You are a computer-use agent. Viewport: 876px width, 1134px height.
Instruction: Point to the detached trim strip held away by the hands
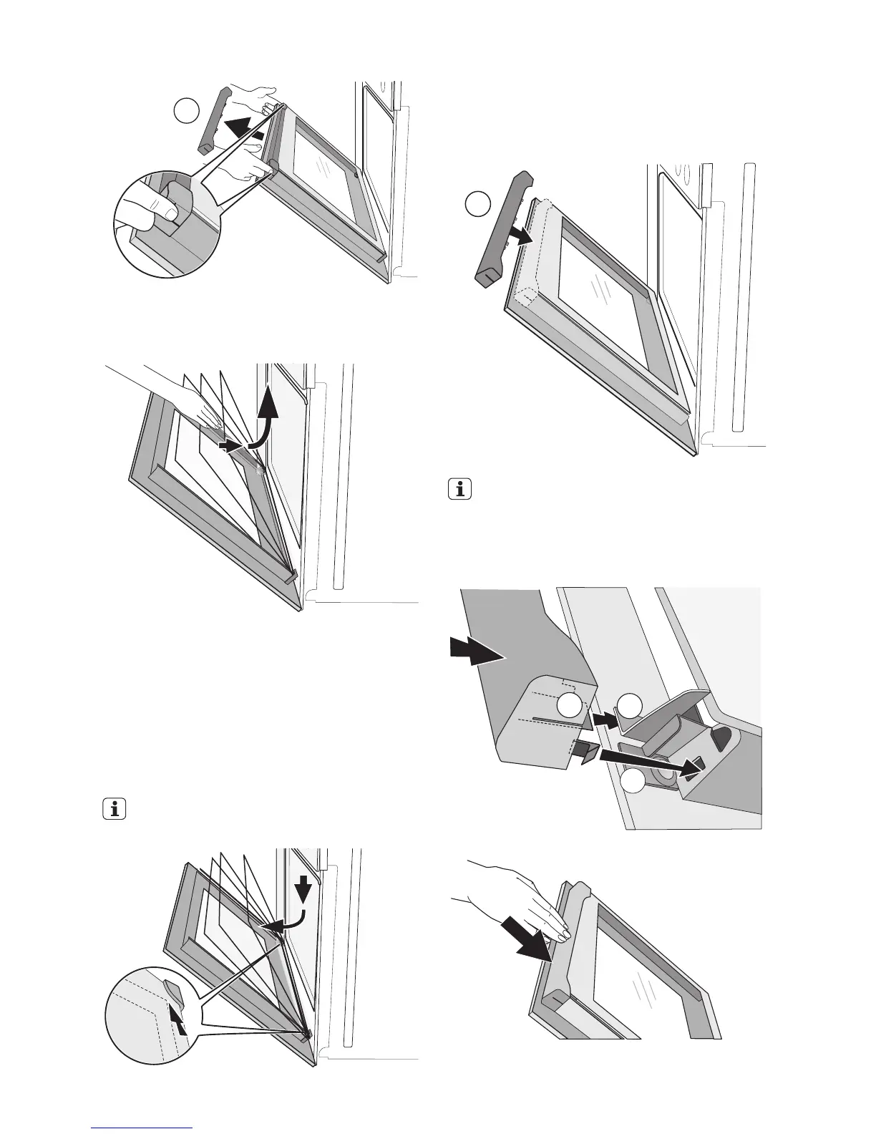tap(213, 119)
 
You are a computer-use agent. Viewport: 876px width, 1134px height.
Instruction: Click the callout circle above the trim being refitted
tap(477, 203)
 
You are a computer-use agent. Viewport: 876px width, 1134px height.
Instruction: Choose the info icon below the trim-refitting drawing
tap(461, 490)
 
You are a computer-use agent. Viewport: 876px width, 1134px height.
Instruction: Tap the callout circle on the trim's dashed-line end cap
tap(570, 705)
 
